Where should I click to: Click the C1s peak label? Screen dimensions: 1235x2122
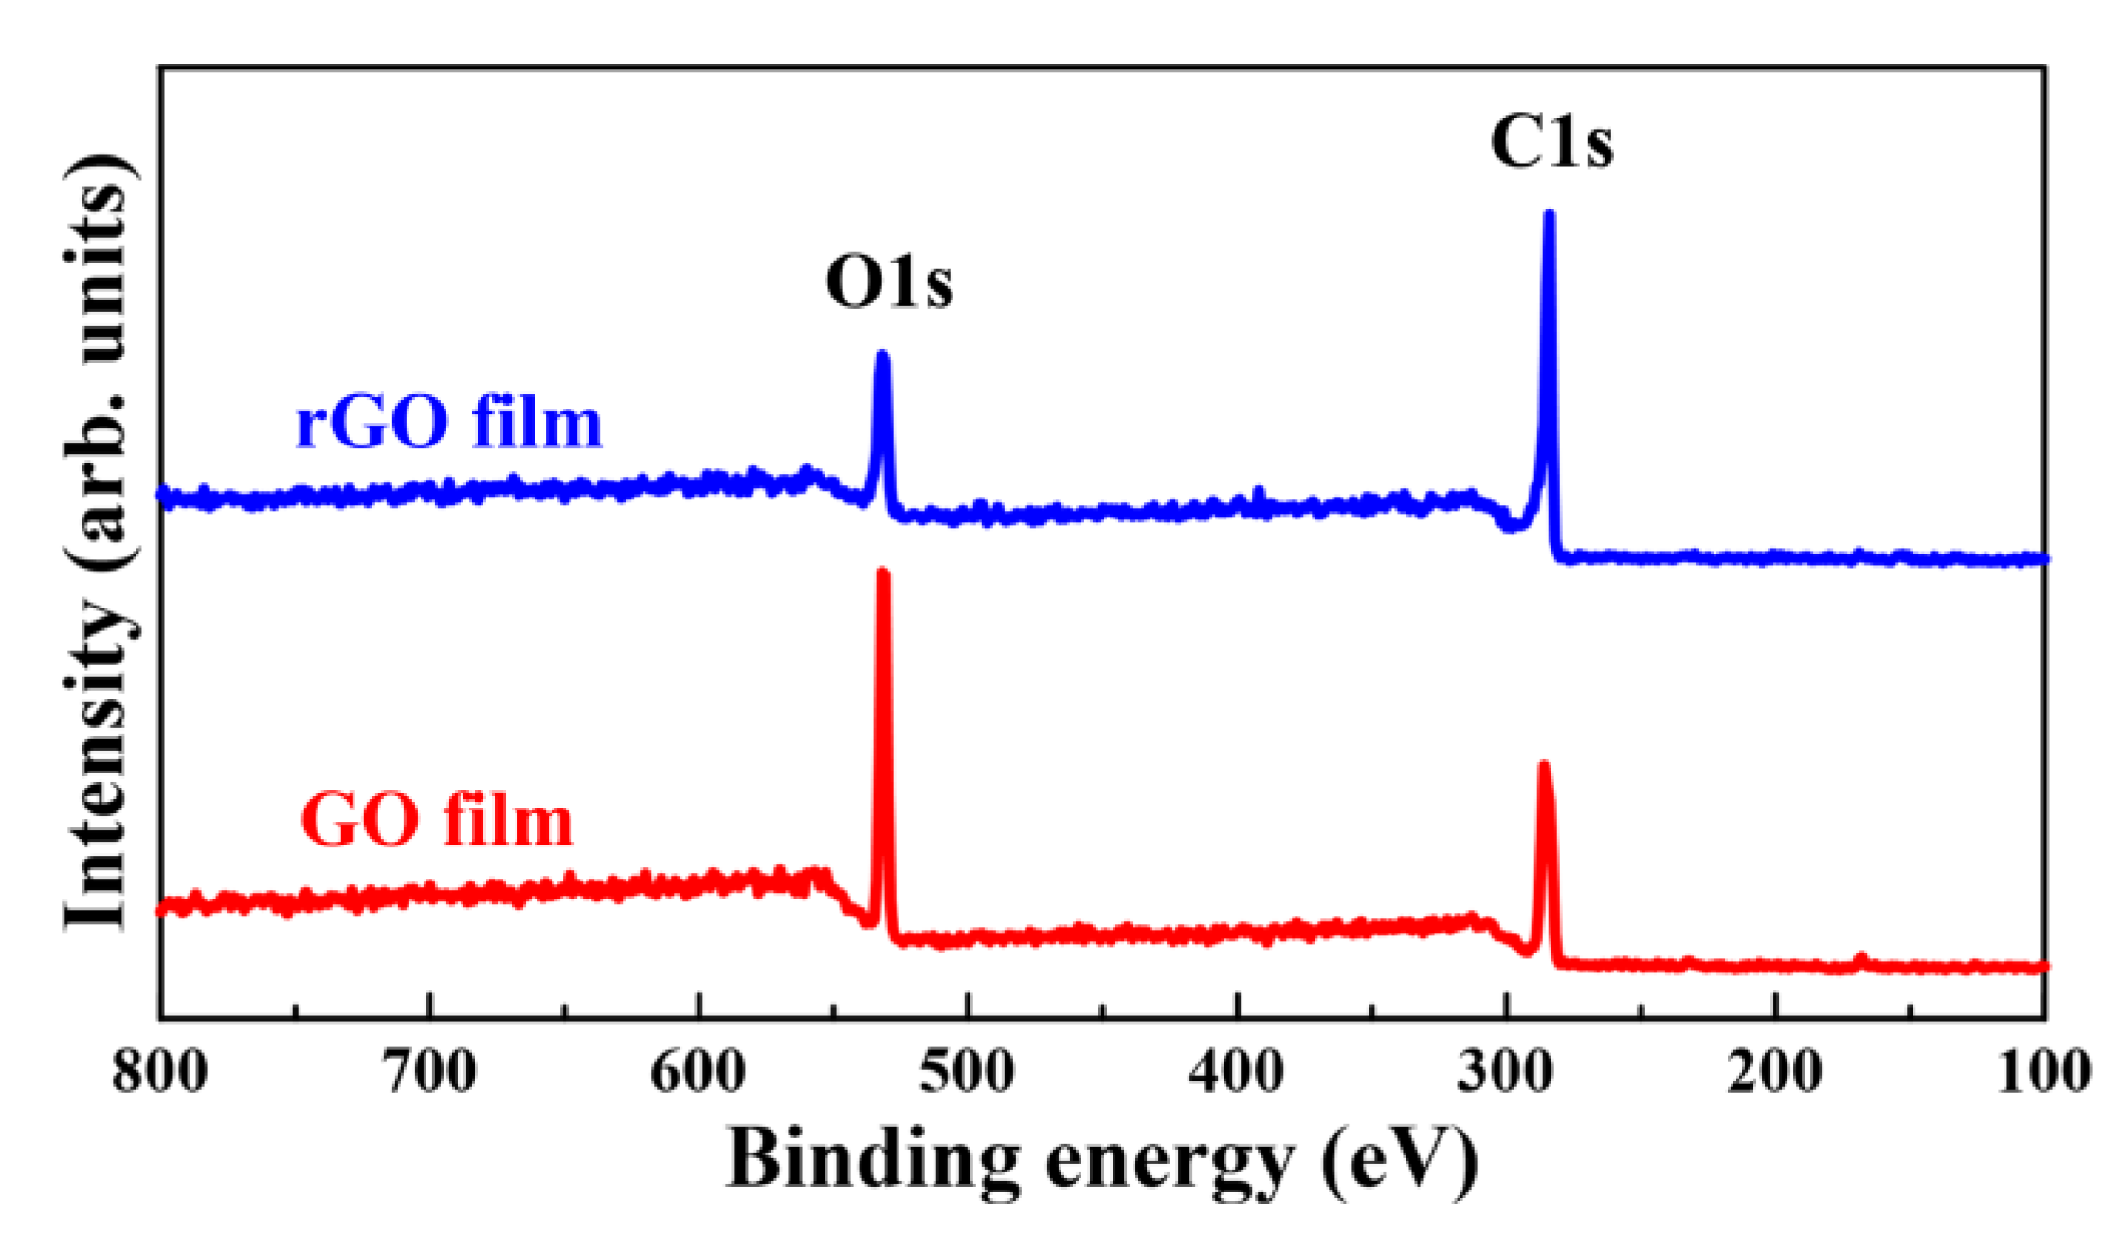[1551, 143]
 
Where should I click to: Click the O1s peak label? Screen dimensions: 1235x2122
[889, 282]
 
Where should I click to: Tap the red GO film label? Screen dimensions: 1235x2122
[437, 820]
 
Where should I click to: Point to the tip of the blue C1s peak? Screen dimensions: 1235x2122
[1550, 214]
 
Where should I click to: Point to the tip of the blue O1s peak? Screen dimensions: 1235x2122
[882, 354]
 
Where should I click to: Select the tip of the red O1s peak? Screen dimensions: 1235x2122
[883, 572]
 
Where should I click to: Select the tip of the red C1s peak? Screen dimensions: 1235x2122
[1544, 765]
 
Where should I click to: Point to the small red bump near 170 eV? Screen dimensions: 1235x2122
[1860, 959]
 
